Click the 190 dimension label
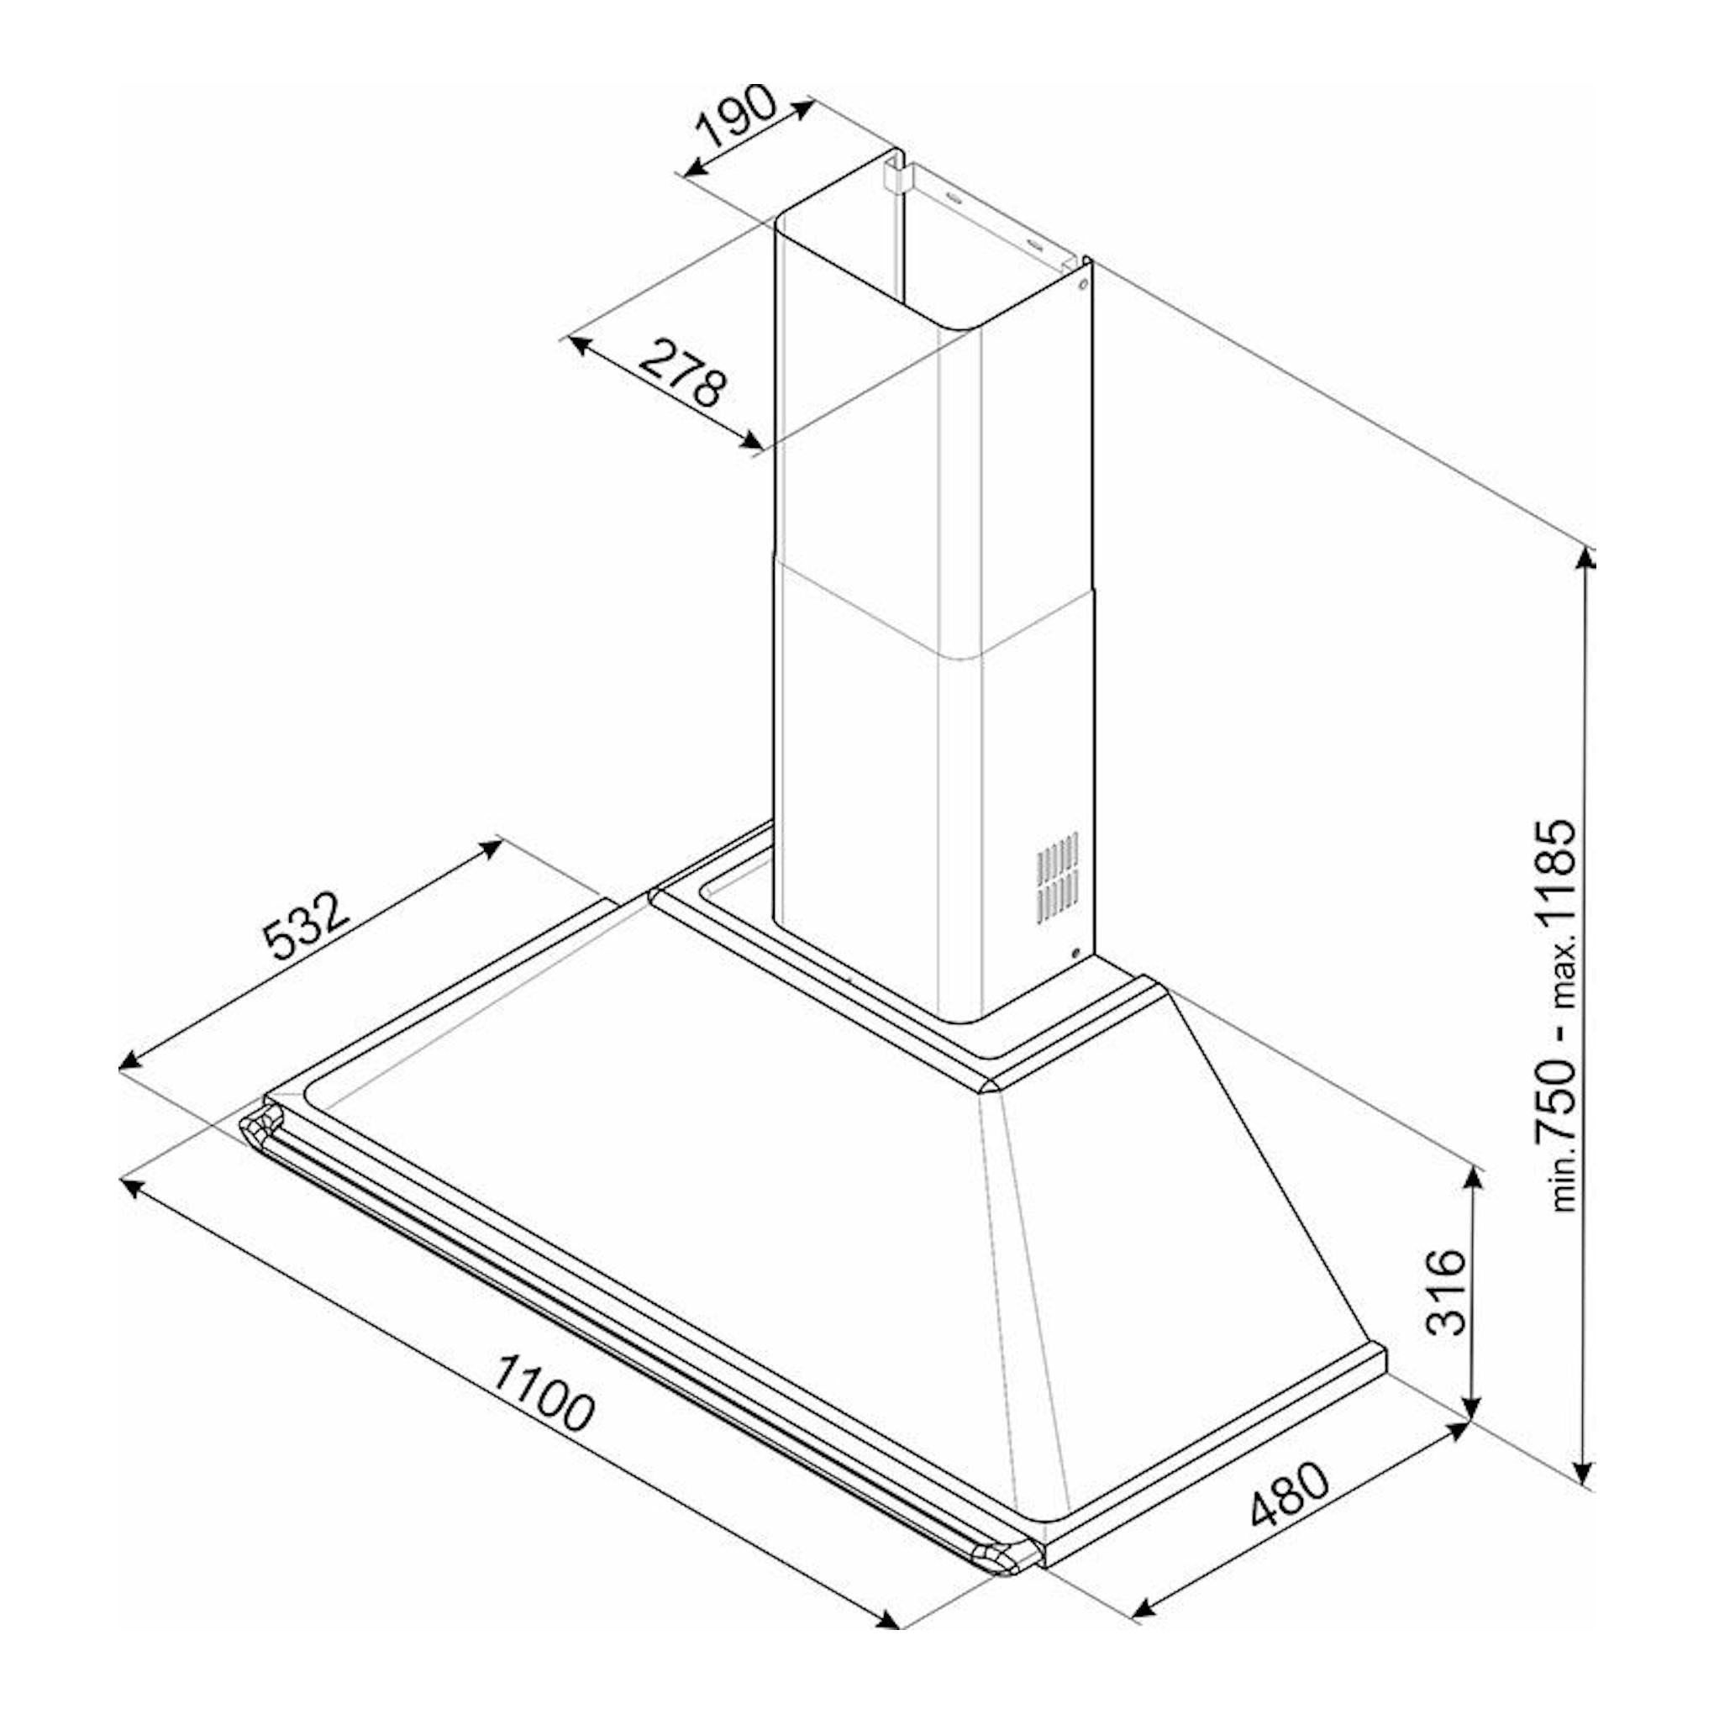click(737, 116)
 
